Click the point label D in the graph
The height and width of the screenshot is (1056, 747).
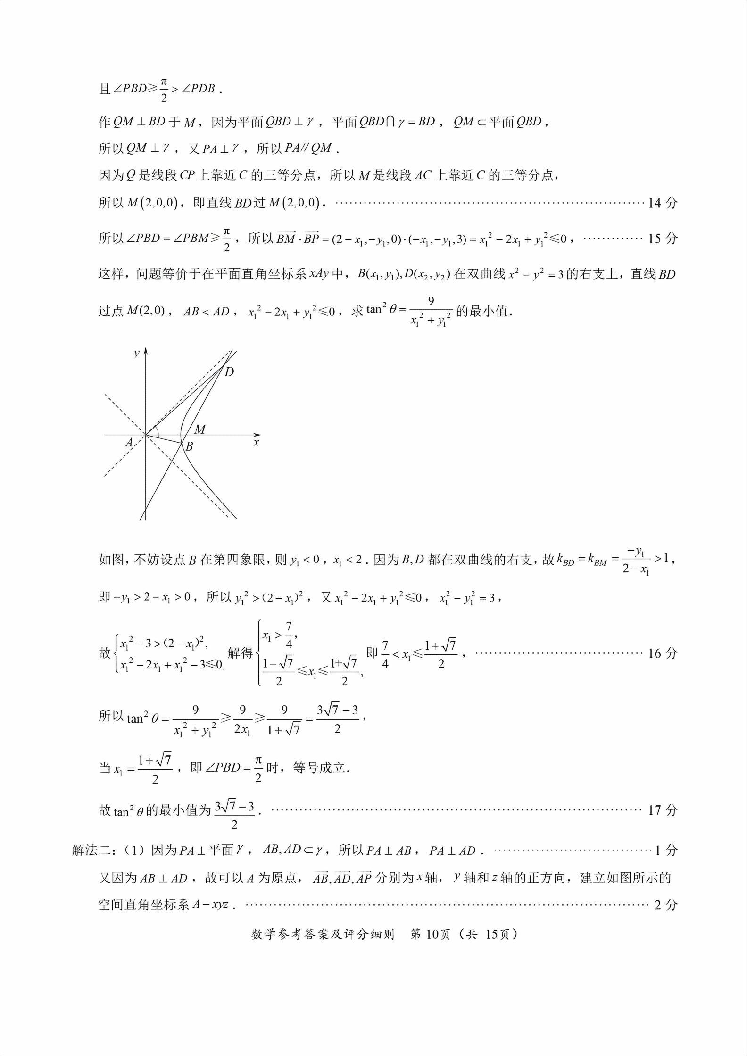[229, 372]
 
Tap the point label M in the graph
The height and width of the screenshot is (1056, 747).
[200, 429]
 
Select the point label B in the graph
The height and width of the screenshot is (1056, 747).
[189, 446]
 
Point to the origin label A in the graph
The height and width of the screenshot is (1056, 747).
[129, 443]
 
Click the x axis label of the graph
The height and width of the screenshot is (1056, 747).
[256, 443]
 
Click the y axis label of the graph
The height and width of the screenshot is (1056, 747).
[136, 353]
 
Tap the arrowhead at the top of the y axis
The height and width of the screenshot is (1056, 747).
[146, 351]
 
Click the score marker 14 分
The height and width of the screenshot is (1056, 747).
[663, 203]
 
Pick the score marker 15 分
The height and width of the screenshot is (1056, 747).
[663, 239]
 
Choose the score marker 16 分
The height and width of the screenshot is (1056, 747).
[663, 653]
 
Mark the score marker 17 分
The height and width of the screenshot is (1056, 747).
[663, 810]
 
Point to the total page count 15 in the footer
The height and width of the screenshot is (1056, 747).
[492, 934]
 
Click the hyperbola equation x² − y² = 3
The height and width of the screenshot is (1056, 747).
[536, 274]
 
